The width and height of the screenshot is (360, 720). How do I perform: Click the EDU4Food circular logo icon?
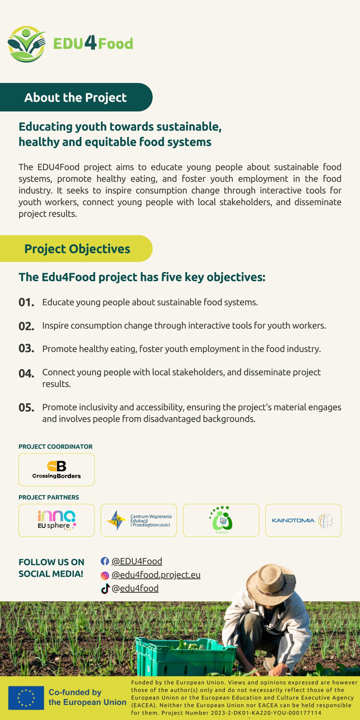pyautogui.click(x=27, y=44)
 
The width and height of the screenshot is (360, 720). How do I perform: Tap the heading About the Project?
pyautogui.click(x=75, y=98)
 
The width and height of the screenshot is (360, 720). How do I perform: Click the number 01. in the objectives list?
pyautogui.click(x=26, y=303)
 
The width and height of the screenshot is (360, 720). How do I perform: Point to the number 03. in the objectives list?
pyautogui.click(x=26, y=349)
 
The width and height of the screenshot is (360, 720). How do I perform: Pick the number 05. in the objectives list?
pyautogui.click(x=26, y=408)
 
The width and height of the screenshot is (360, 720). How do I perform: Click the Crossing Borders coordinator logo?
pyautogui.click(x=57, y=470)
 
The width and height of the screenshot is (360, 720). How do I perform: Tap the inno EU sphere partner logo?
pyautogui.click(x=57, y=520)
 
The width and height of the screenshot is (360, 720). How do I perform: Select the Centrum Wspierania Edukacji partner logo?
pyautogui.click(x=139, y=520)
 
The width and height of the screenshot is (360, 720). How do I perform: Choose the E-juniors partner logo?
pyautogui.click(x=221, y=520)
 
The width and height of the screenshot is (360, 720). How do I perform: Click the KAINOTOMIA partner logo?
pyautogui.click(x=303, y=520)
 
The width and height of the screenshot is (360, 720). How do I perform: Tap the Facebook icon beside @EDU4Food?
pyautogui.click(x=105, y=561)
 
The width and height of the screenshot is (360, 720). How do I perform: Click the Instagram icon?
pyautogui.click(x=105, y=576)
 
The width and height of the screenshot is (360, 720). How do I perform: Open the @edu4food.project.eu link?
pyautogui.click(x=156, y=575)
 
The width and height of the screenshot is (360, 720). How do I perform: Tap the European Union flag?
pyautogui.click(x=26, y=698)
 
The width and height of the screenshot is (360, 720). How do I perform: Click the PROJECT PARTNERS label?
pyautogui.click(x=49, y=497)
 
